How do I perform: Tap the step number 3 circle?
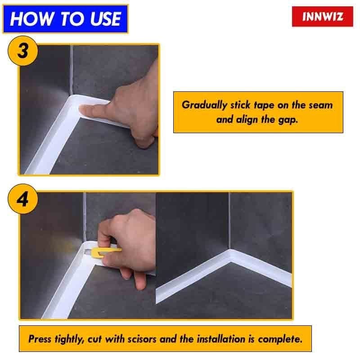click(22, 50)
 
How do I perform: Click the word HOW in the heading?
click(27, 19)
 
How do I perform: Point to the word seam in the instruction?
click(321, 105)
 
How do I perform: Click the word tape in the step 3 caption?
click(266, 105)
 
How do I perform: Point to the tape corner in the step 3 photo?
click(71, 100)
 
